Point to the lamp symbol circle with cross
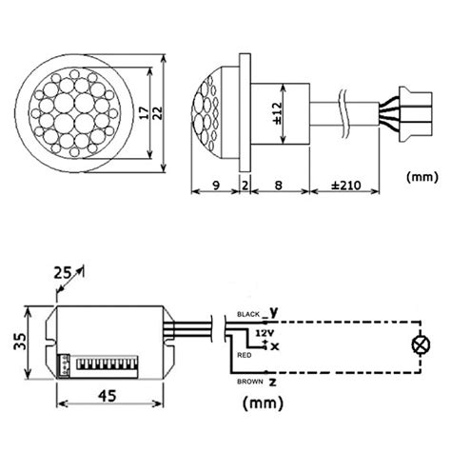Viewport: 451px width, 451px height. point(416,345)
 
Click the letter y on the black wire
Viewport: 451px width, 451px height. point(274,311)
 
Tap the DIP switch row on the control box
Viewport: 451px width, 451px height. point(102,363)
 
